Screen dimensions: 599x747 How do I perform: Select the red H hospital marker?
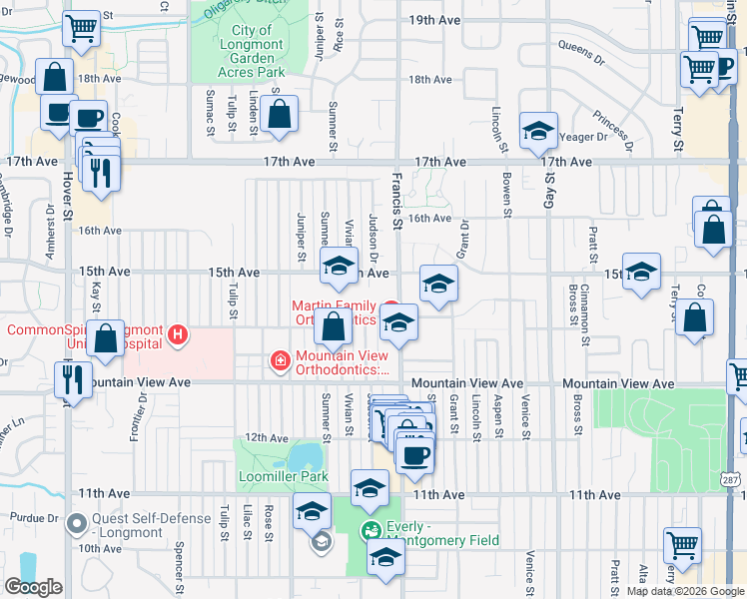pos(178,333)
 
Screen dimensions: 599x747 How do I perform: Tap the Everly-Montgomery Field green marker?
pos(372,530)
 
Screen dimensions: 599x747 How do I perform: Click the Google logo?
pos(33,587)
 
